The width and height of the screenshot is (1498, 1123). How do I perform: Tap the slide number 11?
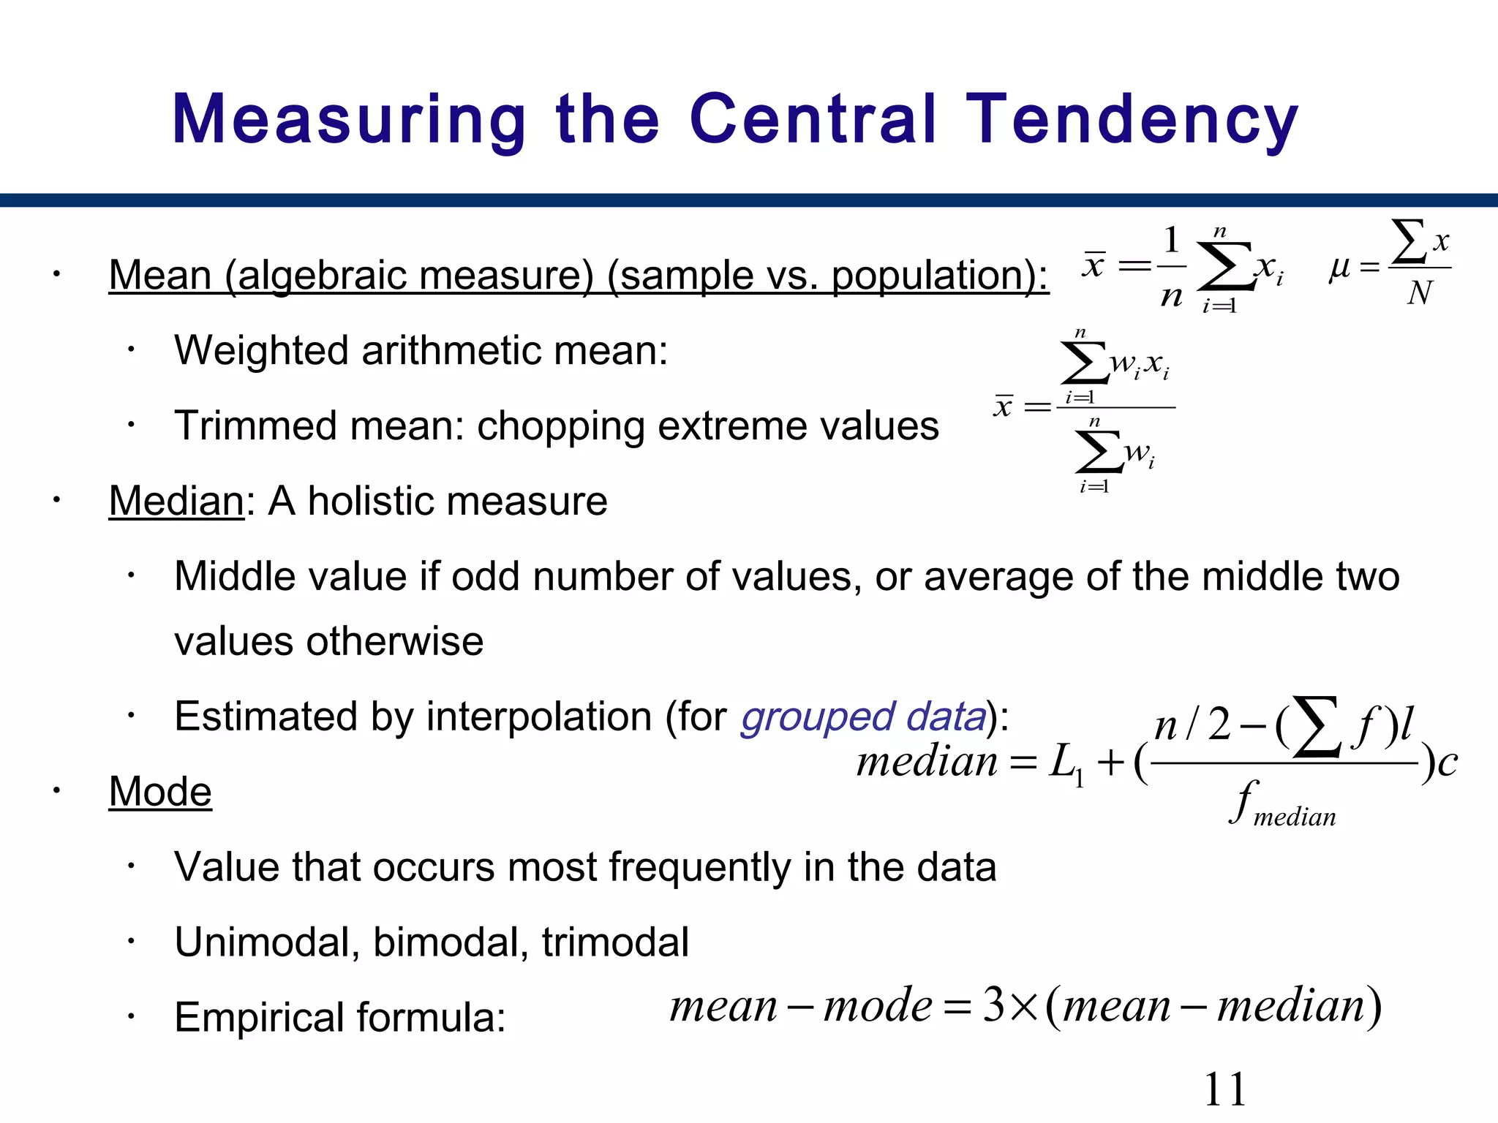click(x=1224, y=1089)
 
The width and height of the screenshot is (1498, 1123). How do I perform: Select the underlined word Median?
click(x=176, y=502)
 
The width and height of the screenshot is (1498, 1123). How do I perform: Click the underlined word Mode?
click(x=160, y=792)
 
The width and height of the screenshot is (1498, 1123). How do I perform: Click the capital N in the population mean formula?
click(x=1420, y=293)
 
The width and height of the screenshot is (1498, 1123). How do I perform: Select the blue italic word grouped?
click(x=818, y=716)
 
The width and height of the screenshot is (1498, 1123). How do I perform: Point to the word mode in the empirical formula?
click(x=877, y=1005)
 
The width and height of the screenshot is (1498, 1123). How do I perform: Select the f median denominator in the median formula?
click(x=1283, y=804)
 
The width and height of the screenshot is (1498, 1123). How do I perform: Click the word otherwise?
click(x=395, y=642)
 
